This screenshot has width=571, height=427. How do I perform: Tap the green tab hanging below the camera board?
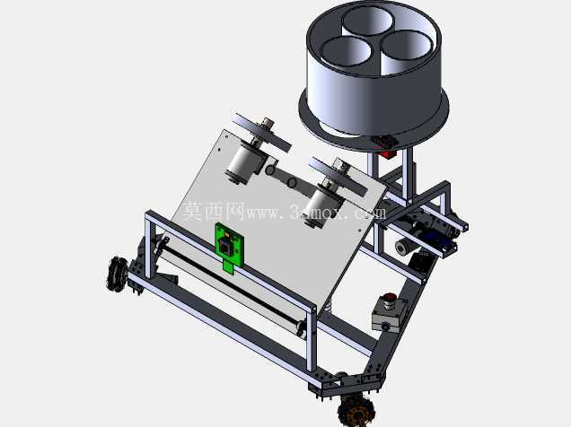coord(228,267)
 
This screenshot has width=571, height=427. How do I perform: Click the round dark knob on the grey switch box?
coord(391,296)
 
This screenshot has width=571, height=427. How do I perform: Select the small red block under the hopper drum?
coord(388,154)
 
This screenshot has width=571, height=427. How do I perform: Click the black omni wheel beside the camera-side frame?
coord(117,274)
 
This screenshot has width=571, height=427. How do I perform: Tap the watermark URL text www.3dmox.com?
coord(316,212)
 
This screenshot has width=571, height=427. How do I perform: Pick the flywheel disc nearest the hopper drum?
coord(338,178)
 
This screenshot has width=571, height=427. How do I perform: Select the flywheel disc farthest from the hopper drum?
coord(262,133)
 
